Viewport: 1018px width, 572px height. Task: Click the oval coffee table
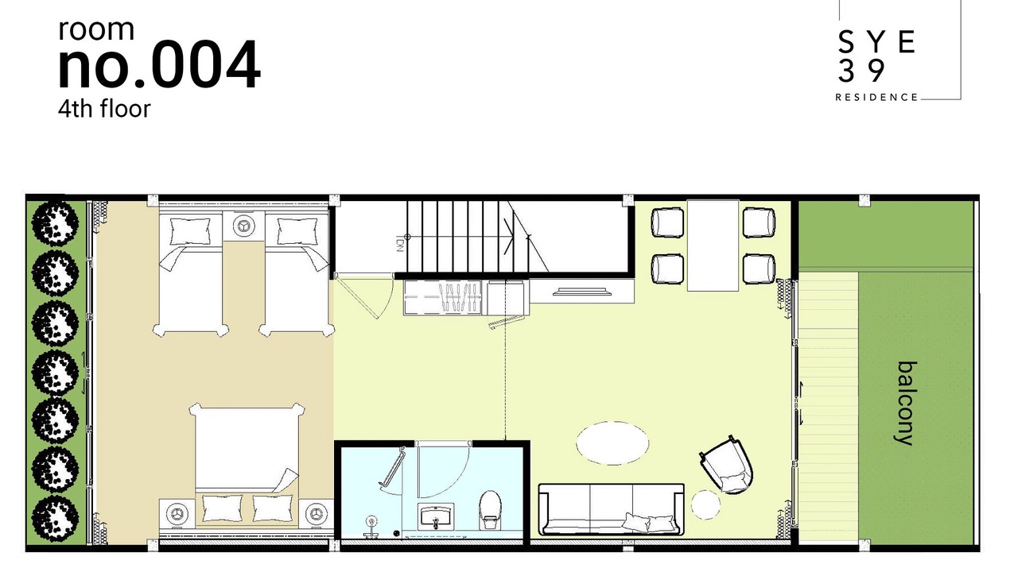(x=612, y=443)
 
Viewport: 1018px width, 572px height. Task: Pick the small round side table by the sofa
(x=705, y=504)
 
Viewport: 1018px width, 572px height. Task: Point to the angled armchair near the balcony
(x=727, y=465)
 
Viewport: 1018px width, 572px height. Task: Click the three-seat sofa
(x=612, y=509)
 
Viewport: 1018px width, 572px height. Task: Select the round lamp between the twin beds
(x=243, y=225)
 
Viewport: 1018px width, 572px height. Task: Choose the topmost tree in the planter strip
(x=55, y=223)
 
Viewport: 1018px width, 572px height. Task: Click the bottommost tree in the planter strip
(x=55, y=518)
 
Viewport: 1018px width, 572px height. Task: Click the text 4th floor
(x=104, y=109)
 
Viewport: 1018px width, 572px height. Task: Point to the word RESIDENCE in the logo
(x=876, y=98)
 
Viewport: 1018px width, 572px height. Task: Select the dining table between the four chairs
(x=713, y=245)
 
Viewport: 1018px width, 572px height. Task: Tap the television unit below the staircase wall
(x=582, y=291)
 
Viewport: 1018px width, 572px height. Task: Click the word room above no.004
(x=96, y=29)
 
